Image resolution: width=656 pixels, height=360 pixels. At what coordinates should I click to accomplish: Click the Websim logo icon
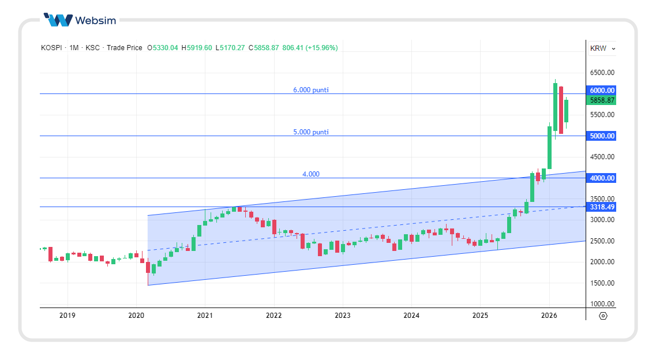[58, 20]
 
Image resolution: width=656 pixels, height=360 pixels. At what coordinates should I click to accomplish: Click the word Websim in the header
[95, 20]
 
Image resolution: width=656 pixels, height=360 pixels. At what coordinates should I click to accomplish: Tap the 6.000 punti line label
[310, 90]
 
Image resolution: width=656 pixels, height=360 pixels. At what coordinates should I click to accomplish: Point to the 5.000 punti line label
[310, 132]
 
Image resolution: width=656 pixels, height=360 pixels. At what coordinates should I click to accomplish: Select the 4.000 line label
[310, 174]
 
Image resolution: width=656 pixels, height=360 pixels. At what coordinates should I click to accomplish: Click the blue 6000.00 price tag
[602, 91]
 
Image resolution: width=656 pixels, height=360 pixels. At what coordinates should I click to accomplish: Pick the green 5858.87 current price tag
[602, 100]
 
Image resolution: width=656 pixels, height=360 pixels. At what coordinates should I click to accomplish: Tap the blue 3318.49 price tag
[602, 207]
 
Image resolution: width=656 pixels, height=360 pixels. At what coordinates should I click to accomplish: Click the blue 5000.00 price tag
[602, 136]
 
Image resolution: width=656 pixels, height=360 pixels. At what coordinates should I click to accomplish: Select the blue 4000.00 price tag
[602, 178]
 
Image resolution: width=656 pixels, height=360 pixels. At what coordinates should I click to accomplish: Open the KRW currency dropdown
[602, 48]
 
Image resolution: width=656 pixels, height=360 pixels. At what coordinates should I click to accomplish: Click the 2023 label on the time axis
[343, 316]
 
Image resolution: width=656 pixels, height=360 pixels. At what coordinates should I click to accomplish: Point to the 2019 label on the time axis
[68, 316]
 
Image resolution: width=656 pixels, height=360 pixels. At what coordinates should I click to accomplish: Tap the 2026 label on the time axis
[549, 316]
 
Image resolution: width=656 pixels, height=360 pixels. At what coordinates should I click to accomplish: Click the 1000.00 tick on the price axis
[602, 304]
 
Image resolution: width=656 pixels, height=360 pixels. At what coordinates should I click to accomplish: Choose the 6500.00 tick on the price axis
[602, 73]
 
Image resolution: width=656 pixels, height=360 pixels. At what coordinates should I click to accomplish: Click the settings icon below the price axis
[603, 316]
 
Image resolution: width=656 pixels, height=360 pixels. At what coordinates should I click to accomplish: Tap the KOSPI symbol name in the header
[51, 48]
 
